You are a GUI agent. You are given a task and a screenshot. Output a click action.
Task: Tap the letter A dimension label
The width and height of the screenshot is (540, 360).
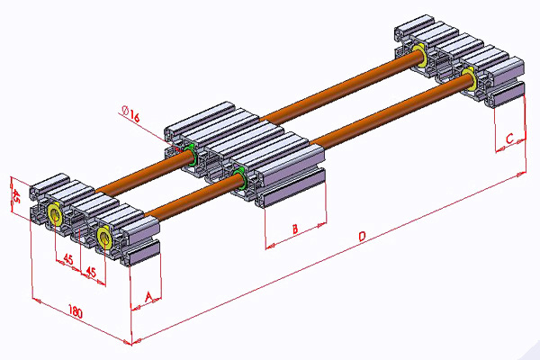(x=147, y=294)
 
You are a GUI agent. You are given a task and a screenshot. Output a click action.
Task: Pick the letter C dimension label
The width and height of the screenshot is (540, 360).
(x=509, y=139)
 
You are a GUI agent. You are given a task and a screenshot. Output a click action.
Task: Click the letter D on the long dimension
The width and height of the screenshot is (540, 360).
(x=361, y=237)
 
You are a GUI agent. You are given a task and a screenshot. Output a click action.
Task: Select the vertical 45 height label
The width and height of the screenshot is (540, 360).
(x=15, y=194)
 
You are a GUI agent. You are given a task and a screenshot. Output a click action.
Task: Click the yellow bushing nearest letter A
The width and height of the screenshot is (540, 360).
(x=103, y=238)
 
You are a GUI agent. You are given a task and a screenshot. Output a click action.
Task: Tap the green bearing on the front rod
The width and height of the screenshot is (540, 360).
(x=238, y=170)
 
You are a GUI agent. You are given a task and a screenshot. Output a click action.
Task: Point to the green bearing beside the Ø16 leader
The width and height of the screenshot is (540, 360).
(x=191, y=149)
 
